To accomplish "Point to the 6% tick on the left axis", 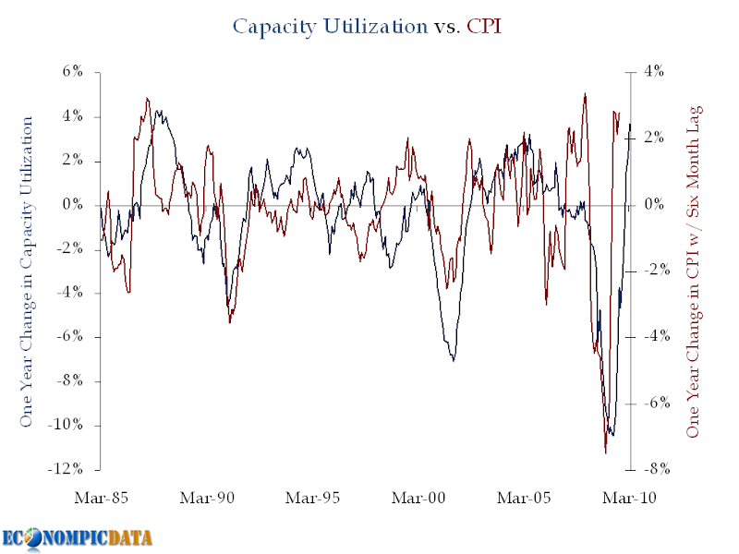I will pyautogui.click(x=72, y=72).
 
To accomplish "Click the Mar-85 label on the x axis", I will pyautogui.click(x=101, y=498).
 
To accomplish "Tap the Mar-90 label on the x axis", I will pyautogui.click(x=207, y=498).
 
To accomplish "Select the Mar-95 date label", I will pyautogui.click(x=313, y=498).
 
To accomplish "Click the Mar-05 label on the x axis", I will pyautogui.click(x=524, y=498).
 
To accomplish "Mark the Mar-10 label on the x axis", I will pyautogui.click(x=629, y=498).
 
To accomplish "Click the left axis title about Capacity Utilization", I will pyautogui.click(x=27, y=271).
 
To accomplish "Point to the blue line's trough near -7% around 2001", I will pyautogui.click(x=454, y=359).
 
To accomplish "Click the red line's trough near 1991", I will pyautogui.click(x=229, y=321).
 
